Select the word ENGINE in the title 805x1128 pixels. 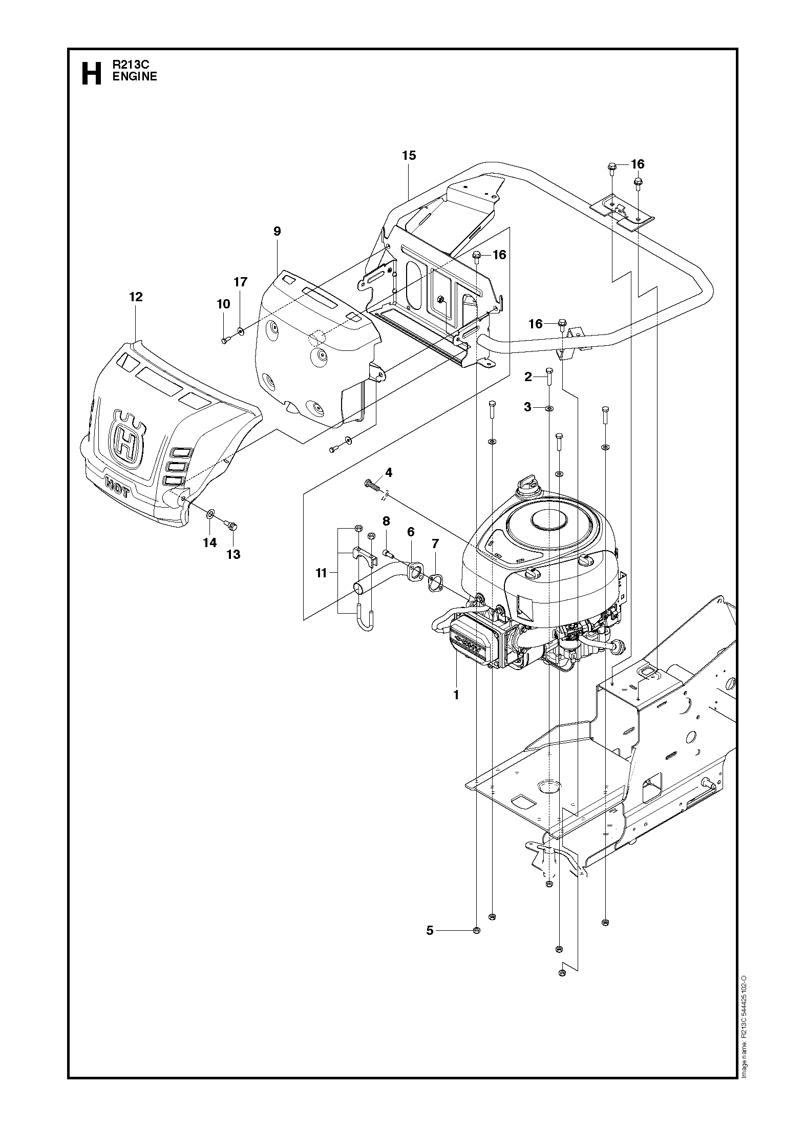(x=135, y=76)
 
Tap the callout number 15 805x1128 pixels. (x=409, y=155)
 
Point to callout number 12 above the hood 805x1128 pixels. (x=136, y=297)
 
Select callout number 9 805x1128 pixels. (x=277, y=231)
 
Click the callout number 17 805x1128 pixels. (x=241, y=282)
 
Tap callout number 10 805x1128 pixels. (x=223, y=304)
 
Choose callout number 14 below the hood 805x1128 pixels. (x=210, y=542)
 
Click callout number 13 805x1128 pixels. (x=234, y=554)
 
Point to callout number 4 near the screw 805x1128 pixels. (x=389, y=472)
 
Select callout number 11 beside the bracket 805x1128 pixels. (x=321, y=573)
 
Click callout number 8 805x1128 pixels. (x=386, y=521)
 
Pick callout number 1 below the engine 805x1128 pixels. (x=456, y=695)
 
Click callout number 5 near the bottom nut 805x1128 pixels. (x=430, y=930)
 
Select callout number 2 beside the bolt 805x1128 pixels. (x=528, y=378)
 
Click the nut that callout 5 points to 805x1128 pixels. (x=477, y=930)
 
